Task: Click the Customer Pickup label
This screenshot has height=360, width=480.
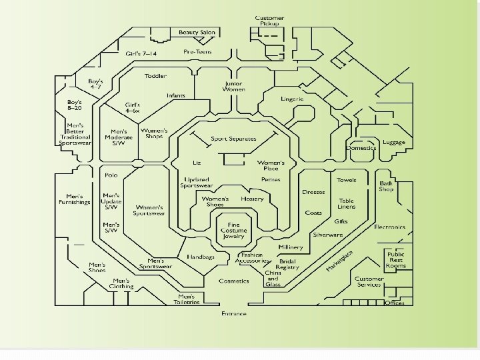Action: [x=270, y=21]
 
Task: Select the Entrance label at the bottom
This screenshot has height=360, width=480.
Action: [x=234, y=313]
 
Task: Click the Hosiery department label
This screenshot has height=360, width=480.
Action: [x=252, y=199]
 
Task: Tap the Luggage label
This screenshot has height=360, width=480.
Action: [x=394, y=142]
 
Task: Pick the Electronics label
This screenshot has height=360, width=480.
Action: [x=389, y=227]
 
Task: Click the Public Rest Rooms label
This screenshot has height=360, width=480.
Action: [x=395, y=259]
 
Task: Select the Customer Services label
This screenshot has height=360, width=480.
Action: [x=369, y=281]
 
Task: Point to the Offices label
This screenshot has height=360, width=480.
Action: [x=394, y=303]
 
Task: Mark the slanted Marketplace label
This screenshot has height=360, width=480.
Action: [x=340, y=260]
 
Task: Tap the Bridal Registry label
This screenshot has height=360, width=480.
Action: [x=287, y=264]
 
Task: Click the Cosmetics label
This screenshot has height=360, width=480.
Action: [x=234, y=281]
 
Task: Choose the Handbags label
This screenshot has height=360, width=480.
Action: [x=200, y=257]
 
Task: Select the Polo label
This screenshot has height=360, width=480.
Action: [x=111, y=175]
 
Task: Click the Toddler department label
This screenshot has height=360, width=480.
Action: [x=155, y=76]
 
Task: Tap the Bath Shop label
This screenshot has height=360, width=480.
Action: [x=387, y=186]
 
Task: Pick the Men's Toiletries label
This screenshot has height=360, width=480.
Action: [x=187, y=299]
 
